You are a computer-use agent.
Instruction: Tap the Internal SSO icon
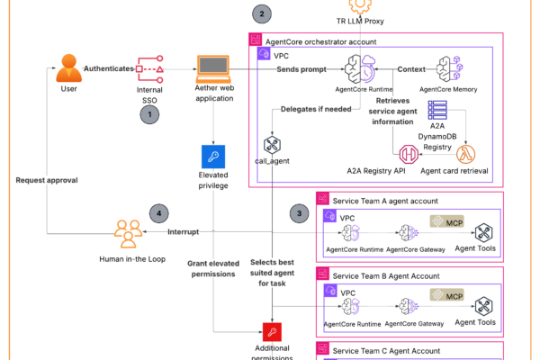point(149,68)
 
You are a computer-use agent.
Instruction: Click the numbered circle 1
point(151,114)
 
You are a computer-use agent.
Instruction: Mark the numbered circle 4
point(160,213)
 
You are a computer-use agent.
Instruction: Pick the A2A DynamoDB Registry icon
point(439,113)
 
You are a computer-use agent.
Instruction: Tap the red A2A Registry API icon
point(410,154)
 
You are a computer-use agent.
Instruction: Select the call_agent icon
point(273,146)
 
